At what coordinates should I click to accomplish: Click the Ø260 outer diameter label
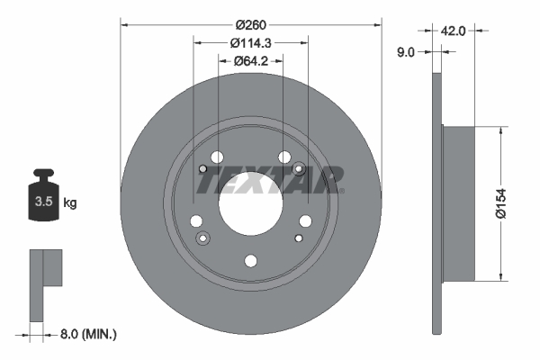coord(251,25)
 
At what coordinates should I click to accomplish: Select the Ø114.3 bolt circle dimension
coord(251,42)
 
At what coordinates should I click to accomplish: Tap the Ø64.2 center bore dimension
coord(251,61)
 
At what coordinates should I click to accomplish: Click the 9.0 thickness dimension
coord(406,52)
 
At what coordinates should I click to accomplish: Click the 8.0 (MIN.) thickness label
coord(87,334)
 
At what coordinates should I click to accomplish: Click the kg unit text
coord(69,202)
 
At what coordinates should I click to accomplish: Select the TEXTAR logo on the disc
coord(269,181)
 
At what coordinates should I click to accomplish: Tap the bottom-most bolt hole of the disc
coord(251,261)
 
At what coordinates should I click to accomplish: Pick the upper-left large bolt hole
coord(217,157)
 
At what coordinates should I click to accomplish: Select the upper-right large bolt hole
coord(284,157)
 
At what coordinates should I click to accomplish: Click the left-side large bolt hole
coord(196,221)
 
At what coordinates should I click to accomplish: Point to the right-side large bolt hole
coord(305,221)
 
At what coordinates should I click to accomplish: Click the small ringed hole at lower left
coord(202,238)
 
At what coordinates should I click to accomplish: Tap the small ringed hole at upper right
coord(299,167)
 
